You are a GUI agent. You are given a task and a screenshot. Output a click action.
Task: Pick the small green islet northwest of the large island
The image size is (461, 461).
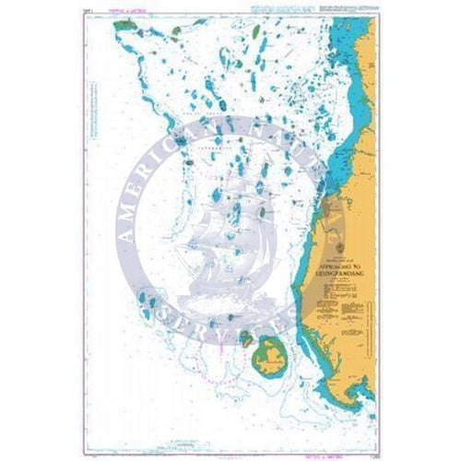(247, 338)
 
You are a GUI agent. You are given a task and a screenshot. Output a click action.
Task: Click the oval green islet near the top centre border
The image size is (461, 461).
(174, 35)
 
